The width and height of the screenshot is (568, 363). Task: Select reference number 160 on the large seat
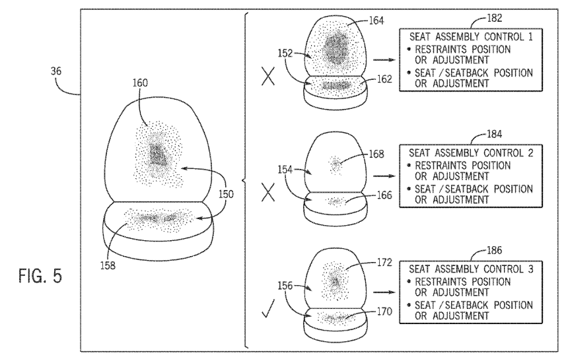click(140, 83)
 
